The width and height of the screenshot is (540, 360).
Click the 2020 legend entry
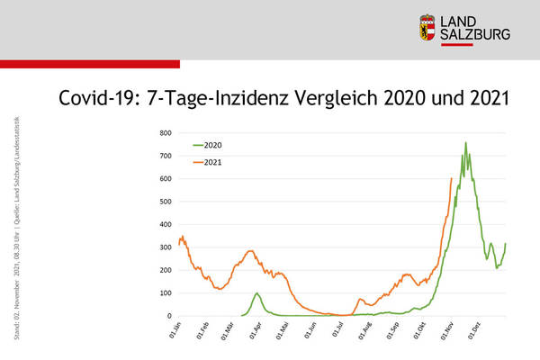coord(213,145)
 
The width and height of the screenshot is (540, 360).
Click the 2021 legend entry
coord(213,162)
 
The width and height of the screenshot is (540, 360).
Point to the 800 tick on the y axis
coord(165,133)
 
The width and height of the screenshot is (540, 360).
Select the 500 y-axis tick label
coord(165,202)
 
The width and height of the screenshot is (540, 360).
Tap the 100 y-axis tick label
coord(165,293)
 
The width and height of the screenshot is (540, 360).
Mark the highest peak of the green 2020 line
coord(465,142)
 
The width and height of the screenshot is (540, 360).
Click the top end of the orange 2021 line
coord(451,178)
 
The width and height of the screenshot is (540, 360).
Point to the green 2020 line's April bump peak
coord(257,293)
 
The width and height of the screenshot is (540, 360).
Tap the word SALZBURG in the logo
coord(475,34)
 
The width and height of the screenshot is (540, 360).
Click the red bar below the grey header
coord(90,64)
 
